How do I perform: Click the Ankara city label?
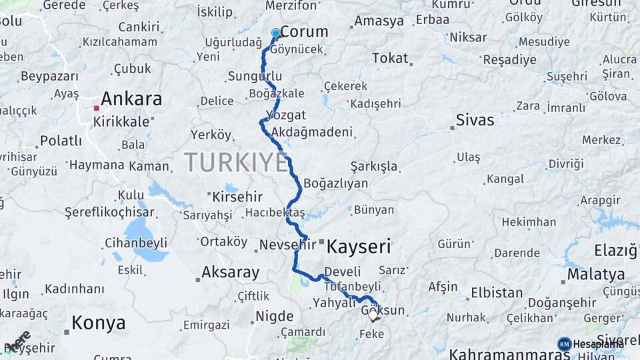tap(131, 99)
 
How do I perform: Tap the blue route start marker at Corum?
tap(276, 33)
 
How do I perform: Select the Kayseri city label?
tap(359, 247)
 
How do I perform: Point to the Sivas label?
tap(475, 121)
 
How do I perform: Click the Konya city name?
tap(99, 323)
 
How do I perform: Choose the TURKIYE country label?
tap(236, 163)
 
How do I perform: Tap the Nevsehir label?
tap(287, 245)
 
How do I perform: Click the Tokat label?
tap(390, 59)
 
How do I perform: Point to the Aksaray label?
tap(230, 272)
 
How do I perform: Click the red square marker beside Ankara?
tap(97, 108)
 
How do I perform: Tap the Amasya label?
tap(379, 21)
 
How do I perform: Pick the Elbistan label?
tap(497, 293)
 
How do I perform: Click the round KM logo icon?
tap(564, 344)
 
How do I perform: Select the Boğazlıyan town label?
tap(335, 183)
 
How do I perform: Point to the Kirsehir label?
tap(238, 197)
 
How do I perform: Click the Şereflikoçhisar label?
tap(109, 213)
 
